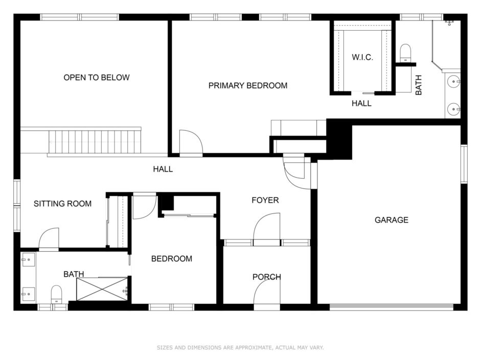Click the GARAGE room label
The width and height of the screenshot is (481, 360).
click(392, 220)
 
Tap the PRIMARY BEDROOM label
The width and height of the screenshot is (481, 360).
click(248, 85)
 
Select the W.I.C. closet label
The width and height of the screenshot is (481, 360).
click(362, 57)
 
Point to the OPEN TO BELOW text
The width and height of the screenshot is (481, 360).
click(97, 78)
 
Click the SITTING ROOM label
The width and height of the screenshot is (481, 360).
click(62, 204)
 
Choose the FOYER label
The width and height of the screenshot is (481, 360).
click(265, 200)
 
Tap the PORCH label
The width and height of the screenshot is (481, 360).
click(267, 277)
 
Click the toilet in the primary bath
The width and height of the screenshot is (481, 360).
click(405, 53)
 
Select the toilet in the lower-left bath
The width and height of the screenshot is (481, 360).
click(56, 294)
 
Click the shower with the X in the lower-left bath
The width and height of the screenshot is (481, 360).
click(102, 289)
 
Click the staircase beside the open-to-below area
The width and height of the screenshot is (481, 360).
click(95, 142)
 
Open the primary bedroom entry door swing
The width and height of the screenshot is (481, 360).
click(191, 143)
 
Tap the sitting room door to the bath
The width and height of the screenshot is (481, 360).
click(49, 239)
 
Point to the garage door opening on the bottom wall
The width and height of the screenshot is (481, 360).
click(392, 307)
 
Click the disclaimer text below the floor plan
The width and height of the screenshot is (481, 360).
click(240, 347)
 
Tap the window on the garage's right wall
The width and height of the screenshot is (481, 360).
click(464, 164)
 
